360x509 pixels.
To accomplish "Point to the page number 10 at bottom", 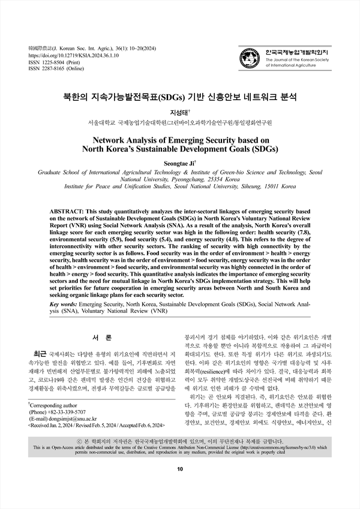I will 179,485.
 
